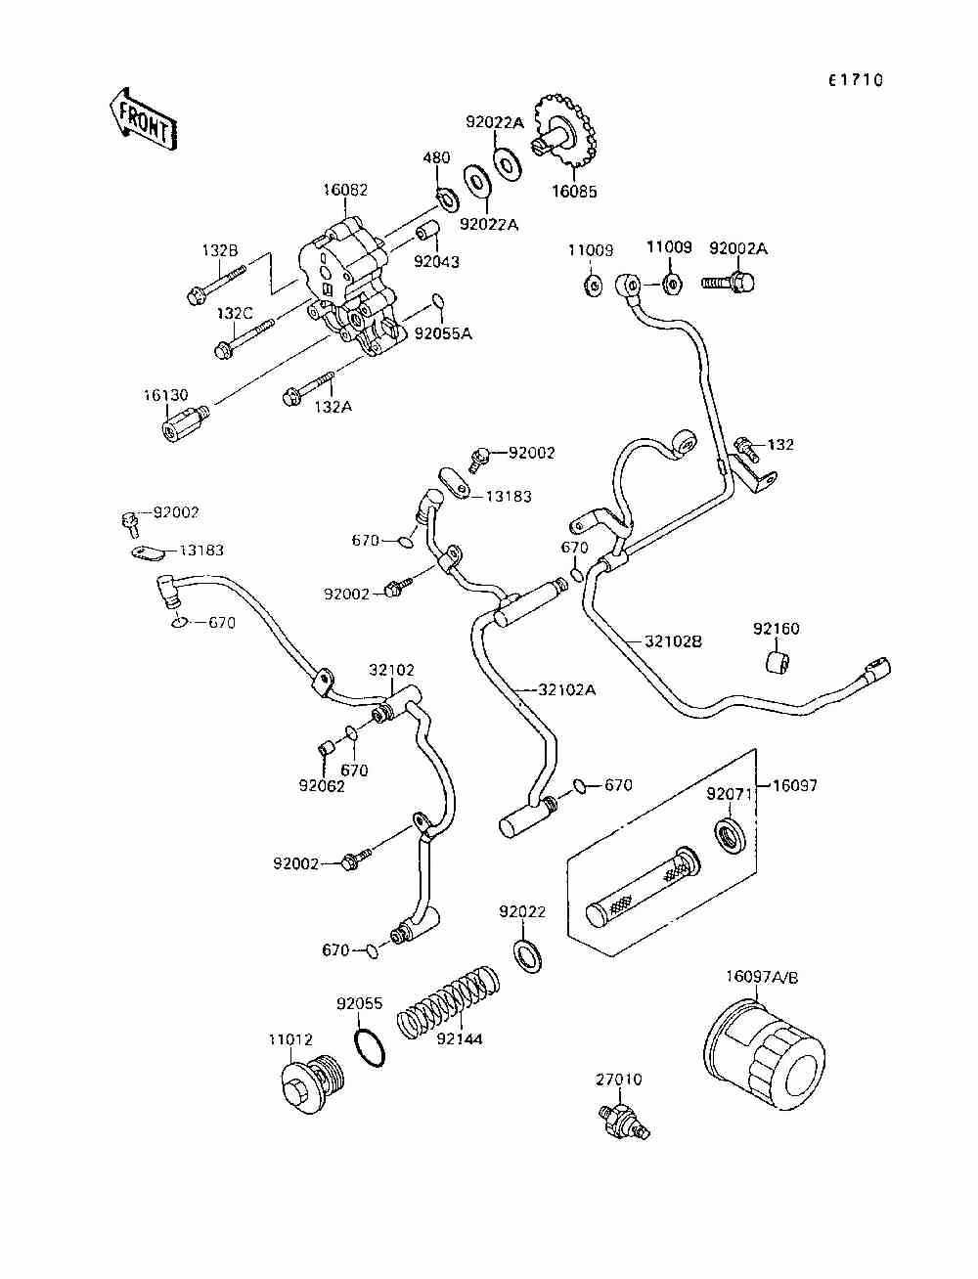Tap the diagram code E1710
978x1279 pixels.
(855, 80)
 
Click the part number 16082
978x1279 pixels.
(345, 191)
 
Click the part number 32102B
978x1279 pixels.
(673, 641)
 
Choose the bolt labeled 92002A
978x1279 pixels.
(728, 283)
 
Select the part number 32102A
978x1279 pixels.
(567, 690)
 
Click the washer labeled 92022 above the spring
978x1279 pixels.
(528, 956)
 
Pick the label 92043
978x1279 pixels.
(436, 262)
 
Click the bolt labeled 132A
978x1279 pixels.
(308, 388)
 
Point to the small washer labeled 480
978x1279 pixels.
(448, 199)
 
